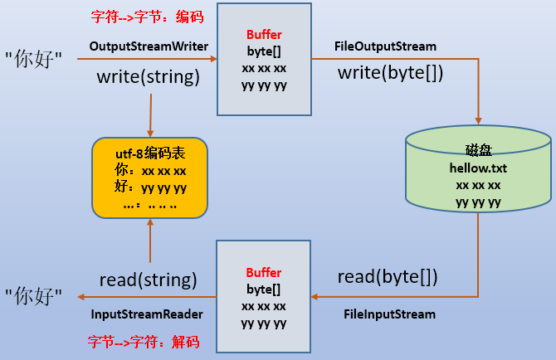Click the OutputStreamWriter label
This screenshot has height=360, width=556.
point(149,46)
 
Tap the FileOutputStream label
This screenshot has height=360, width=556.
point(385,46)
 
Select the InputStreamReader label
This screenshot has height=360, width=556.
point(147,314)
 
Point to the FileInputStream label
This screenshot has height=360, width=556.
point(390,314)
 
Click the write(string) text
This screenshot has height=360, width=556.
point(149,77)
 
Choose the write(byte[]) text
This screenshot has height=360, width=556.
point(390,73)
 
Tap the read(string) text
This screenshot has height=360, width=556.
point(148,280)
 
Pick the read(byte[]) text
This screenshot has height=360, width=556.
point(388,277)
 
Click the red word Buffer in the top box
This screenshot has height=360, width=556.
point(264,35)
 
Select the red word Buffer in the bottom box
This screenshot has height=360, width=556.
point(264,273)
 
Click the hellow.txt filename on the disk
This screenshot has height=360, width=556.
point(478,168)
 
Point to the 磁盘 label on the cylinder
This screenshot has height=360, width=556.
point(479,150)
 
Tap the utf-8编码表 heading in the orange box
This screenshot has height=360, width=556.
point(150,153)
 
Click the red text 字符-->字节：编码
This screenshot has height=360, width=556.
point(147,17)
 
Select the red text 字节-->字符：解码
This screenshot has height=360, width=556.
point(144,342)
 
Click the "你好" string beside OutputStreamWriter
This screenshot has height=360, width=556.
point(33,59)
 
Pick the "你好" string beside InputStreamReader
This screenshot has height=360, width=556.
point(33,296)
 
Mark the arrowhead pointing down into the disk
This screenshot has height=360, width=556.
point(478,121)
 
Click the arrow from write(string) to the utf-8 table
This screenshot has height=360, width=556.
point(151,115)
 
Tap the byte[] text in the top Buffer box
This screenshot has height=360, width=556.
point(264,51)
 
